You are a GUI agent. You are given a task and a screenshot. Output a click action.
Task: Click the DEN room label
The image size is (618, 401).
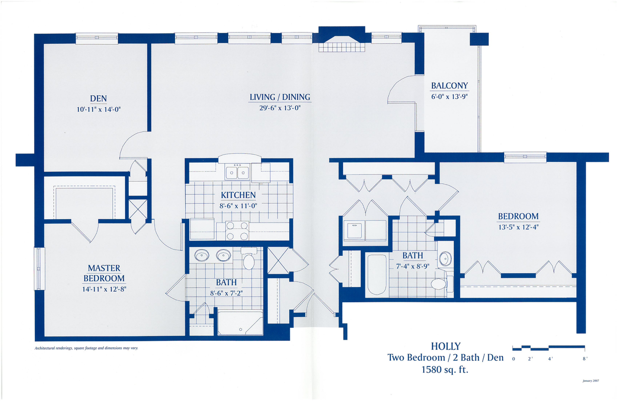98,99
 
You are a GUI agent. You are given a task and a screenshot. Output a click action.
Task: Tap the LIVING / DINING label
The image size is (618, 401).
280,97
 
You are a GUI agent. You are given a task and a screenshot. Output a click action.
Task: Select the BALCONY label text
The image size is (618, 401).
449,86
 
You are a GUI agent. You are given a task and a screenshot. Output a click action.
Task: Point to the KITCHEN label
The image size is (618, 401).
238,195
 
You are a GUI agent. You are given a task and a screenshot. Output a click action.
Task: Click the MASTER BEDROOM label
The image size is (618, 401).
104,273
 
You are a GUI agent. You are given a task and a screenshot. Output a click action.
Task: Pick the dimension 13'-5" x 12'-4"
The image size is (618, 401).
519,227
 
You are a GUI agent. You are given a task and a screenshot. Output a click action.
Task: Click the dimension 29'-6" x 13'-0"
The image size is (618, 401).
280,108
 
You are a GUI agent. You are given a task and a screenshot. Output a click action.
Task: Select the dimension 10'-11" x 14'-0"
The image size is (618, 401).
98,110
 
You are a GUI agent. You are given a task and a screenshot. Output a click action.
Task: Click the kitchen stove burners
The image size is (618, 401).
237,231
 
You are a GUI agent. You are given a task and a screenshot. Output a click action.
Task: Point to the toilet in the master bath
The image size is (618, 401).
249,259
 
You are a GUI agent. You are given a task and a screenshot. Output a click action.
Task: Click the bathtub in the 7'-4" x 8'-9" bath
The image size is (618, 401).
376,274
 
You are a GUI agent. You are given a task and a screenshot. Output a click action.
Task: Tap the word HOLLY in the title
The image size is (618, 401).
446,346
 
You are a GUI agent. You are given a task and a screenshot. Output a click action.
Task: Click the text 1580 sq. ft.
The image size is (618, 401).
445,370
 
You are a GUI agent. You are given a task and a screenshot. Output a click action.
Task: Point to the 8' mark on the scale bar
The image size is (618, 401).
585,359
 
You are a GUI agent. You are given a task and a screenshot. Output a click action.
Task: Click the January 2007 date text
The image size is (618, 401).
591,381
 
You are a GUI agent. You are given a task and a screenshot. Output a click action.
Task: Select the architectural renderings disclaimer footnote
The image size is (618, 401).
87,348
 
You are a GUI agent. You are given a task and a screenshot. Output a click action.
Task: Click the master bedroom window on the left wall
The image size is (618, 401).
39,268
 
